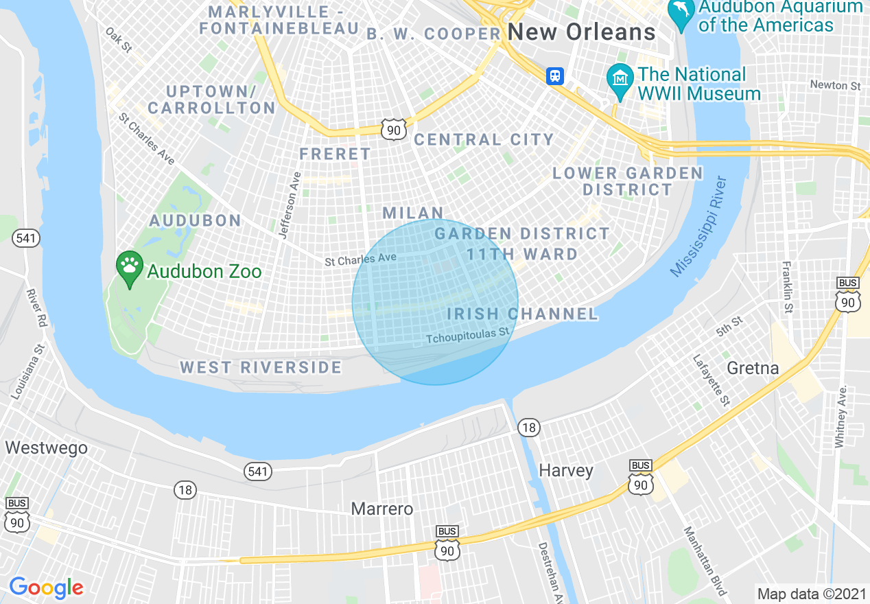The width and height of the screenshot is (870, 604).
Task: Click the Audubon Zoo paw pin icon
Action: (129, 266)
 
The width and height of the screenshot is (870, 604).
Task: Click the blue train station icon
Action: (555, 75)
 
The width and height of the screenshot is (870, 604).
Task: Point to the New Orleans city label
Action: (582, 32)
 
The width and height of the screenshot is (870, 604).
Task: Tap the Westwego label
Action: (47, 448)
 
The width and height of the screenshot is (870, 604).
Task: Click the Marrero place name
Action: (382, 509)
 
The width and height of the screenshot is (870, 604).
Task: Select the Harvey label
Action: (565, 470)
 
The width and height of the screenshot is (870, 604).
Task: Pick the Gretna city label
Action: (753, 368)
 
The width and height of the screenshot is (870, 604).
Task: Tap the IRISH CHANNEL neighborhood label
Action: (523, 314)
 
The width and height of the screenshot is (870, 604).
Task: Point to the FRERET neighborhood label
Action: (335, 154)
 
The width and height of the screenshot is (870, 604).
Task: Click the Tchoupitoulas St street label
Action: (469, 336)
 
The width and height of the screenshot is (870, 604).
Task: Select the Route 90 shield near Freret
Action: (394, 130)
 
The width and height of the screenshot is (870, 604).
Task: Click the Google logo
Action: (46, 587)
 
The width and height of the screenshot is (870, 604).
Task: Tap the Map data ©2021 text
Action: (810, 592)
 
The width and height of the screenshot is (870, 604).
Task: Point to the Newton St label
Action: (835, 86)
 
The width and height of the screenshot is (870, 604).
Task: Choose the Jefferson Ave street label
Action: (290, 205)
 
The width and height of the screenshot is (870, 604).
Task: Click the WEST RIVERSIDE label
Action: (261, 367)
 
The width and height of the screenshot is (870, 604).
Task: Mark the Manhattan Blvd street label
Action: (705, 561)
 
